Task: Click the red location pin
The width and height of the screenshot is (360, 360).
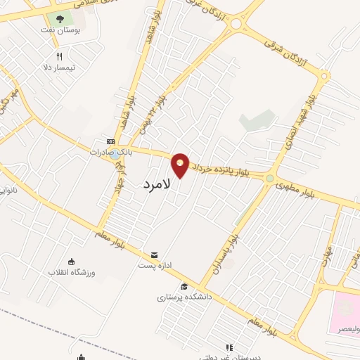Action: click(x=181, y=165)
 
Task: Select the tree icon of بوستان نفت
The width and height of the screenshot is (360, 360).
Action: click(x=60, y=19)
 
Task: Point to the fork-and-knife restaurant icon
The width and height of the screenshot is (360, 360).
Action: click(x=60, y=57)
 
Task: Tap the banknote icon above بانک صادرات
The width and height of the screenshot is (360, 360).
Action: click(x=109, y=141)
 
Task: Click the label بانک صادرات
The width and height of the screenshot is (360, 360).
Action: click(x=108, y=152)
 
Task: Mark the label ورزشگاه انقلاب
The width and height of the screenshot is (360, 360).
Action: click(x=71, y=272)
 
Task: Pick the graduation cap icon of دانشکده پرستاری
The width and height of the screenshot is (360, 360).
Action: click(x=184, y=286)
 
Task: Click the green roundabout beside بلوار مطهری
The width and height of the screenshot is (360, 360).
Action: click(x=269, y=179)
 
